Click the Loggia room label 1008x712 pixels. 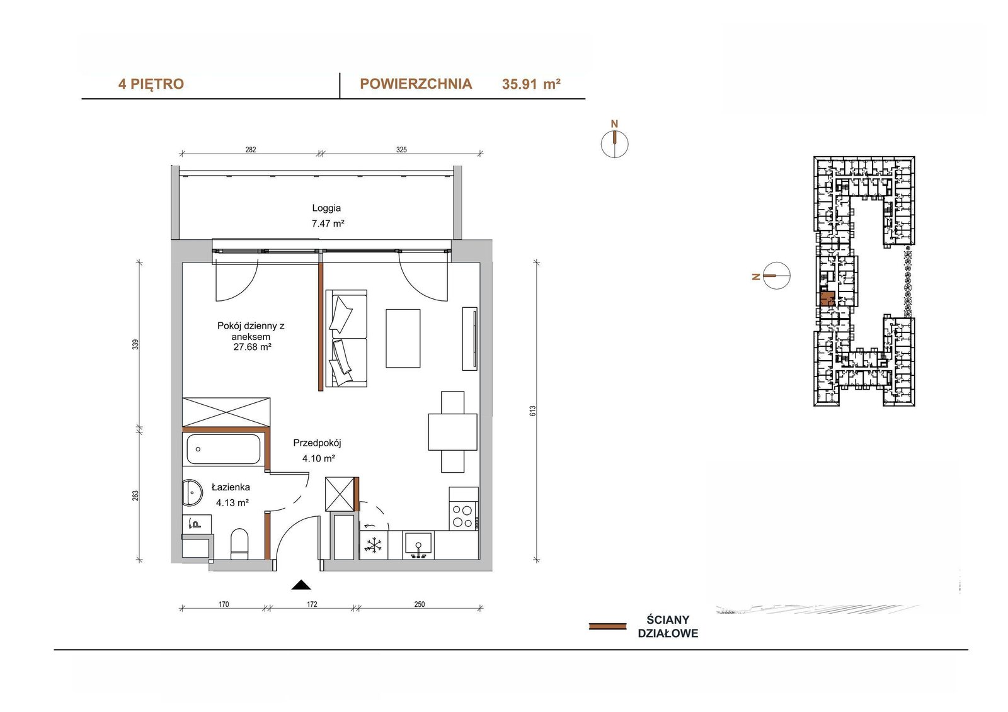[x=326, y=208]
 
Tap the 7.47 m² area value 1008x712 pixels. [x=328, y=223]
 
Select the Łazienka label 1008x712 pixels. [x=231, y=487]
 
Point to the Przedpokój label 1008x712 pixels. [x=318, y=443]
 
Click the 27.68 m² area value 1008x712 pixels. [x=252, y=347]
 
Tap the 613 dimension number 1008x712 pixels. [x=533, y=411]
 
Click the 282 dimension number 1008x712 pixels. [x=251, y=150]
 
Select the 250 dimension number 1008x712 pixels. [x=420, y=604]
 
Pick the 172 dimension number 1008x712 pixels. [x=312, y=604]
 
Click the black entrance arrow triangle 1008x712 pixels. [x=301, y=585]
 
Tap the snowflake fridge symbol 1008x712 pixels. [x=373, y=546]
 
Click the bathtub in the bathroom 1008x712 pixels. [x=223, y=449]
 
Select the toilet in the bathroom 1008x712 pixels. [x=239, y=544]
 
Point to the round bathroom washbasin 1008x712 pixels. [x=193, y=492]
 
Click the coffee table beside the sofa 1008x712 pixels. [x=403, y=338]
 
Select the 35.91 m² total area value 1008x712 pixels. [x=532, y=84]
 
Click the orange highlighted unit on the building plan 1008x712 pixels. [x=827, y=298]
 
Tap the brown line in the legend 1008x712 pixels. [x=607, y=626]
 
